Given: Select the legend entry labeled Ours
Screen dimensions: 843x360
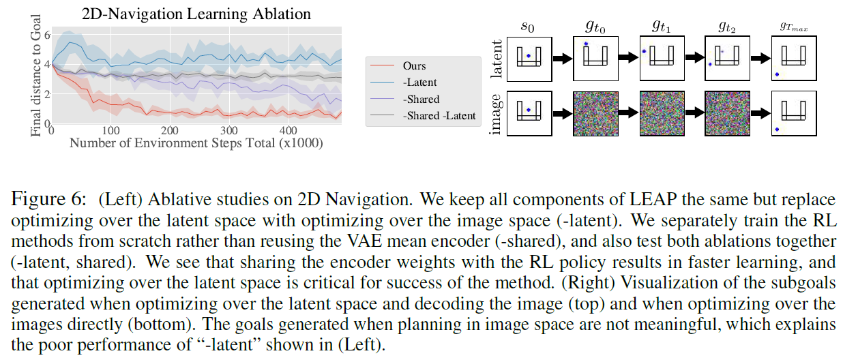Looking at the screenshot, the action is (414, 66).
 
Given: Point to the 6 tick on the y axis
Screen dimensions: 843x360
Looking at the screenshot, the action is (46, 34).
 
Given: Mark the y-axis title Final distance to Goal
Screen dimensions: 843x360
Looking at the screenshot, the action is (35, 78).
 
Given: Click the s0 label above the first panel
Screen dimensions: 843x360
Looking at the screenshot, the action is (529, 29).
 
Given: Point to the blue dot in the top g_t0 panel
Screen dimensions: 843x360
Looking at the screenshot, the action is (585, 44).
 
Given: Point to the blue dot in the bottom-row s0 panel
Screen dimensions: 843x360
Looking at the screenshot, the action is (528, 109).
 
